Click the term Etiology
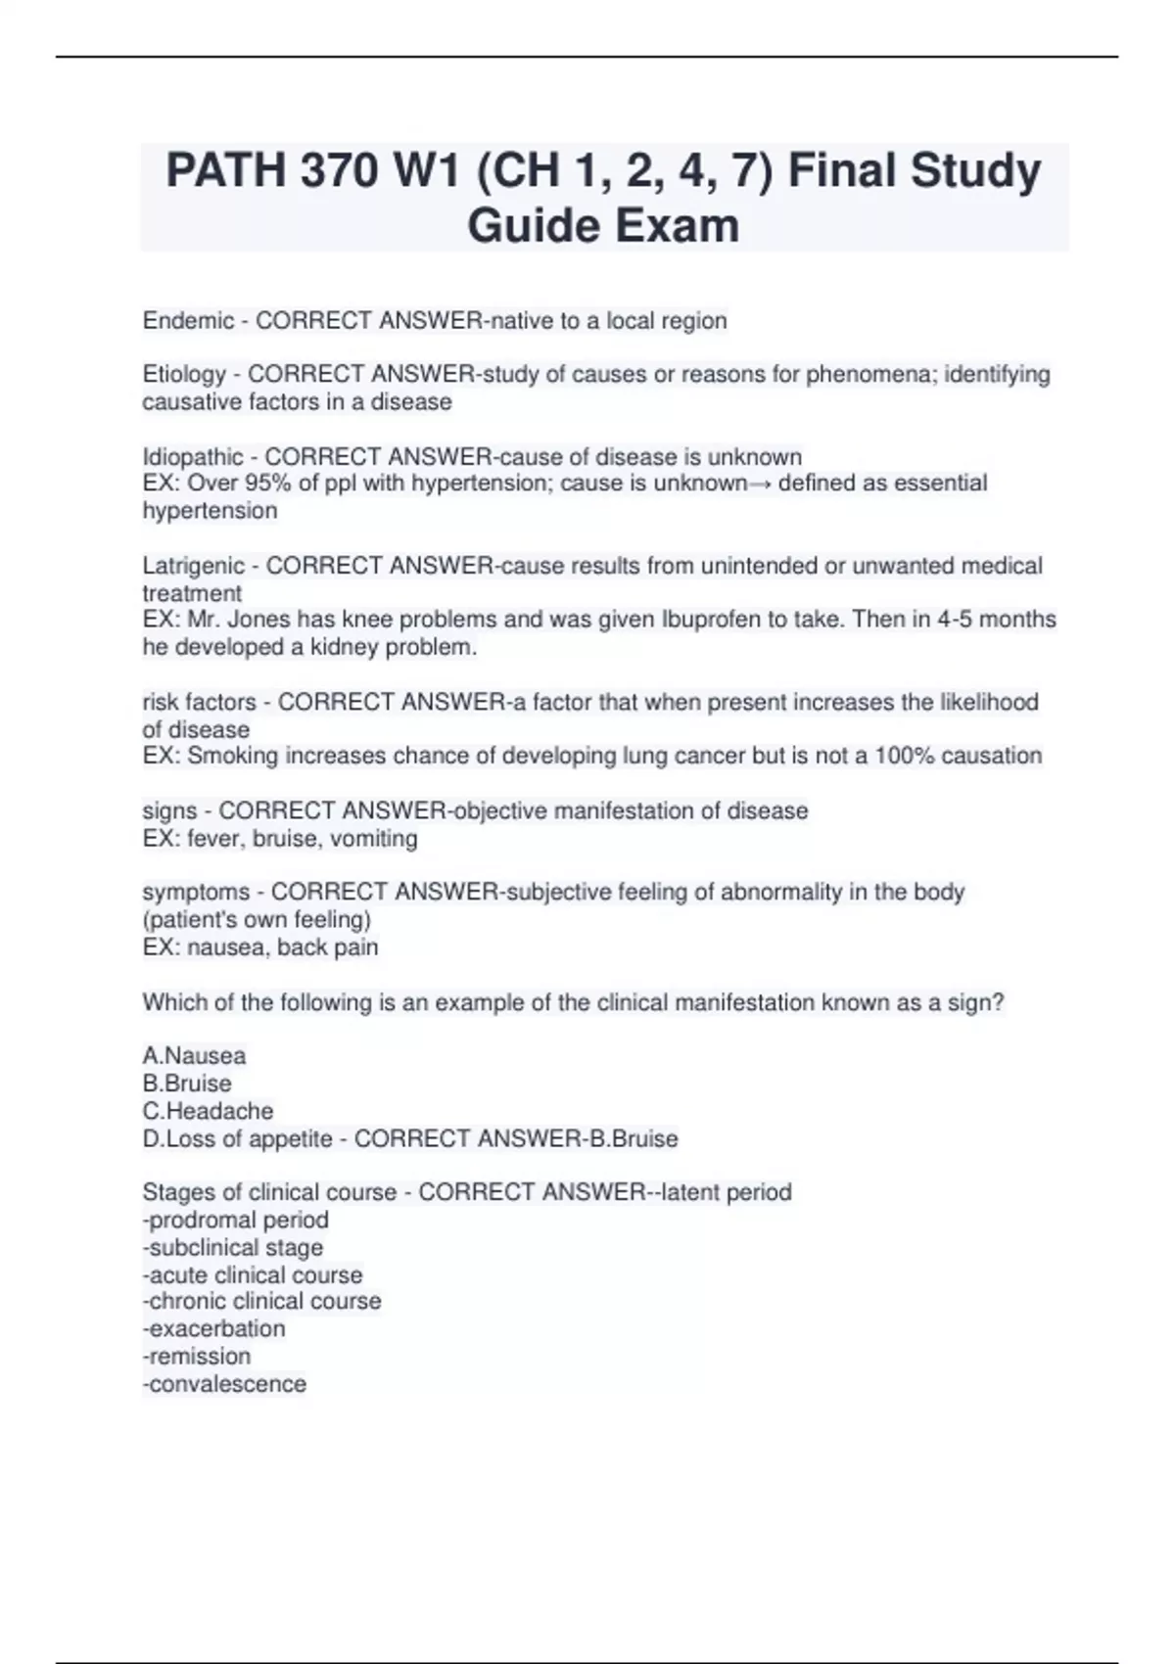point(184,375)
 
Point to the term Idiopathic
point(193,457)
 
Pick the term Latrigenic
point(194,566)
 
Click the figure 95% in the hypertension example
point(272,484)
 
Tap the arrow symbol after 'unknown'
point(760,484)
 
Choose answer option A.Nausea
point(194,1056)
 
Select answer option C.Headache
point(208,1111)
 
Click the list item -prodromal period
point(235,1220)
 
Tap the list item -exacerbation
point(213,1328)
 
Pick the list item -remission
point(197,1356)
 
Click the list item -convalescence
point(224,1383)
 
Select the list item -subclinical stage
point(232,1247)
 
